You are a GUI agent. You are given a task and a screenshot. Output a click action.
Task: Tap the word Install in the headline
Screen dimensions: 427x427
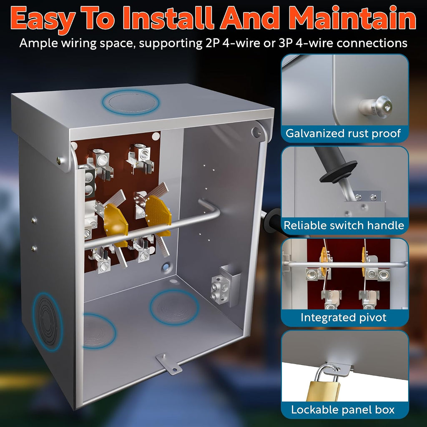coord(168,18)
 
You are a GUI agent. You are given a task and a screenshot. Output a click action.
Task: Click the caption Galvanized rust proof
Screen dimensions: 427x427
coord(343,133)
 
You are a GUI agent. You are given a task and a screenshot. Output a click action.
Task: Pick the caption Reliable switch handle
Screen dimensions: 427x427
coord(344,225)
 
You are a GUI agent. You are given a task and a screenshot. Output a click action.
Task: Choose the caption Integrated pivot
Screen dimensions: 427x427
coord(344,317)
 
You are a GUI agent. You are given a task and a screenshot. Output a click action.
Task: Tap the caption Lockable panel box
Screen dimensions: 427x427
coord(343,410)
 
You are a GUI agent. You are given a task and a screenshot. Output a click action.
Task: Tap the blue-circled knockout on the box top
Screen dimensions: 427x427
coord(131,103)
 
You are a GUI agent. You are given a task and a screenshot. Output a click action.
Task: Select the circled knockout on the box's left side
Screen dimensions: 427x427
coord(47,322)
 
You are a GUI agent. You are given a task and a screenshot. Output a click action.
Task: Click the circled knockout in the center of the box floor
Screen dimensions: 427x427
coord(174,307)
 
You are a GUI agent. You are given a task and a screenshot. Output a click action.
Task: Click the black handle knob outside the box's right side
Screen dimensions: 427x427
coord(272,221)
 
